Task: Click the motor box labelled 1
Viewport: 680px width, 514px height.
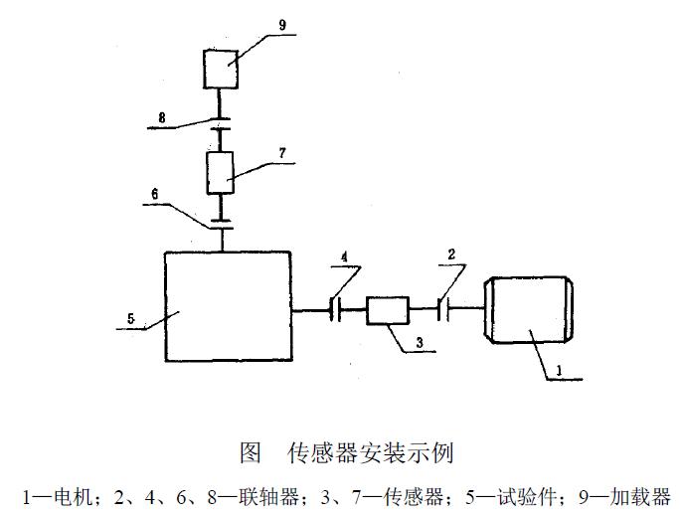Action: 527,311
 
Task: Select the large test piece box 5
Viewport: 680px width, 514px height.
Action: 228,306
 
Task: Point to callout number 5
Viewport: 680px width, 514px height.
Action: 130,320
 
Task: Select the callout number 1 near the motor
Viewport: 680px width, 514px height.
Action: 559,371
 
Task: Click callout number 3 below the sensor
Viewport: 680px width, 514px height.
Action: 420,342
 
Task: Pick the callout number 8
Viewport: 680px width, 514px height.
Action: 162,119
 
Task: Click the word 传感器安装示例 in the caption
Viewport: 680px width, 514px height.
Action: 370,454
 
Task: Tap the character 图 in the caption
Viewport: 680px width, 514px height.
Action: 251,454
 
